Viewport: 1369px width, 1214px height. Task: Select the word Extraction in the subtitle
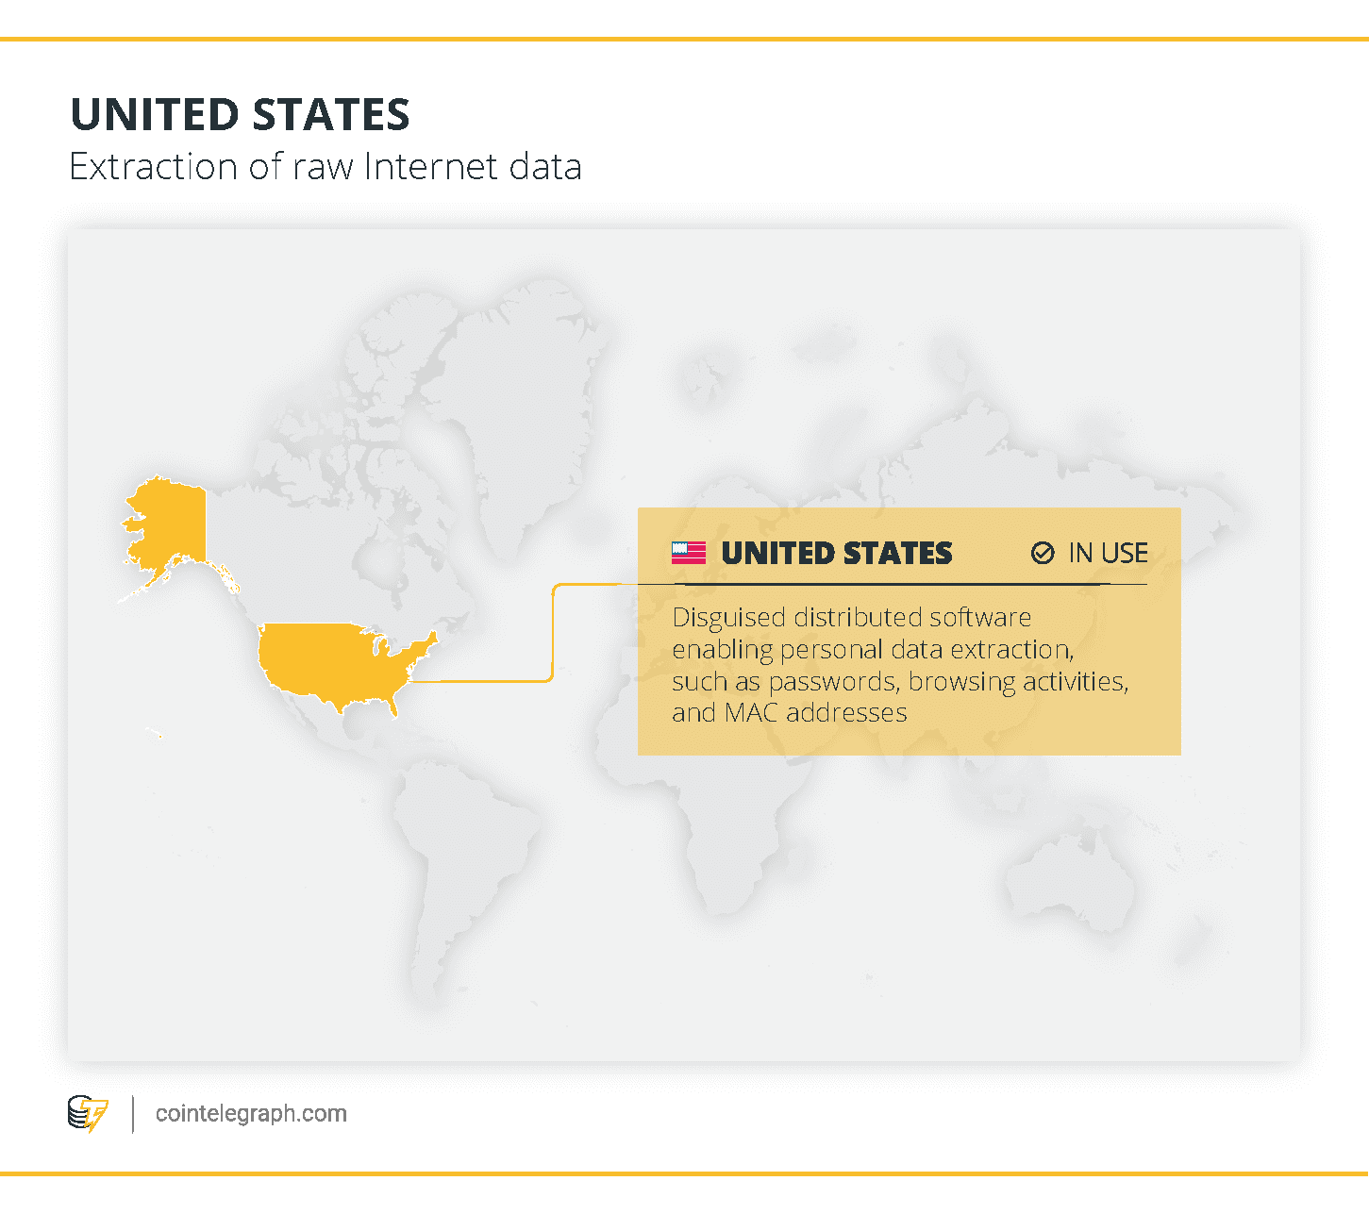click(x=154, y=167)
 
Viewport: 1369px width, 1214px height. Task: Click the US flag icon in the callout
click(x=689, y=553)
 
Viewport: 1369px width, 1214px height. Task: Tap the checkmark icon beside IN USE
click(x=1043, y=553)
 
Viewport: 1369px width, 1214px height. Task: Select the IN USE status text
click(x=1108, y=553)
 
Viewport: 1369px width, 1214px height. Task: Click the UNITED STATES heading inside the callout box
click(x=837, y=553)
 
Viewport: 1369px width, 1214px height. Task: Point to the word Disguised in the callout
click(x=729, y=618)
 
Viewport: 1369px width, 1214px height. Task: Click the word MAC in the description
click(x=752, y=712)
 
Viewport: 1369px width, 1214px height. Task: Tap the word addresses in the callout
click(x=846, y=712)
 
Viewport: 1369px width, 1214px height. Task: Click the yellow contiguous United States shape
click(x=330, y=660)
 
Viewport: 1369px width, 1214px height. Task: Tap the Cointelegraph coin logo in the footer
click(x=88, y=1114)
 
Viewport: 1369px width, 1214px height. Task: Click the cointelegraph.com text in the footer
click(x=251, y=1114)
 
